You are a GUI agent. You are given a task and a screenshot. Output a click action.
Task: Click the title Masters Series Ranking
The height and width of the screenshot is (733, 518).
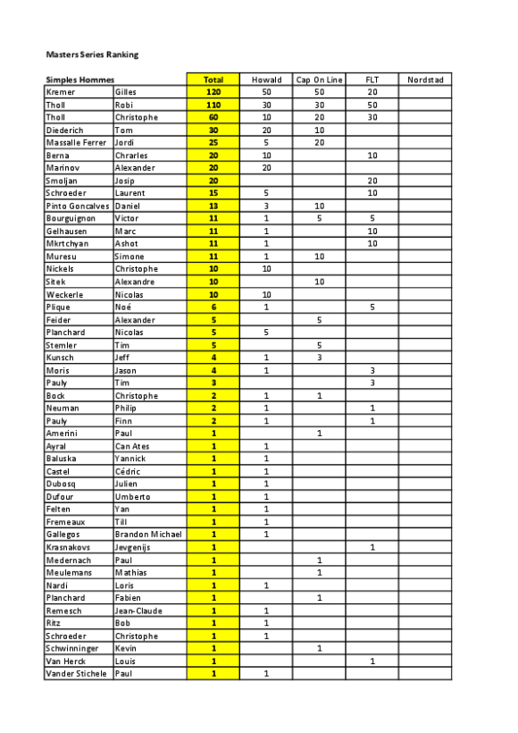point(91,55)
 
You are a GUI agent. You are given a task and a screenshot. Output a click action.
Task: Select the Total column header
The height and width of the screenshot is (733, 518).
point(213,80)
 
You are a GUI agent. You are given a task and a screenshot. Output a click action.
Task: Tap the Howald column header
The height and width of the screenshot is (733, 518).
point(266,80)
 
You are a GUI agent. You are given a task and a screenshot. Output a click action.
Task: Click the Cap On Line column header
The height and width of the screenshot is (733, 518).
point(319,80)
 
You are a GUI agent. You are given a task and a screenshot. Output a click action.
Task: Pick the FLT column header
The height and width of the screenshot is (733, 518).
point(372,80)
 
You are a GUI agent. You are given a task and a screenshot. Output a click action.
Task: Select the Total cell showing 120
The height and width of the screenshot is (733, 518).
point(213,92)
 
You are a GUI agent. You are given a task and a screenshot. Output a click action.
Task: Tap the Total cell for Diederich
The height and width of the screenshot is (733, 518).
point(213,130)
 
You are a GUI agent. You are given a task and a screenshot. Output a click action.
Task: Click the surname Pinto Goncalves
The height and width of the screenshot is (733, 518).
point(78,206)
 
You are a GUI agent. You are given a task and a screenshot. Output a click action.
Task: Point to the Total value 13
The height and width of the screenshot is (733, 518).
point(213,206)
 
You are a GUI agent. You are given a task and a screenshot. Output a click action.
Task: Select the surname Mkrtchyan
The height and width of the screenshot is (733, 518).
point(65,243)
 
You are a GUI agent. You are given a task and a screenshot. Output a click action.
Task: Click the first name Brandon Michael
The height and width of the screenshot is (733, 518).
point(147,534)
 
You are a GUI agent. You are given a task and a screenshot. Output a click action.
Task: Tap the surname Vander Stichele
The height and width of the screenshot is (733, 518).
point(78,673)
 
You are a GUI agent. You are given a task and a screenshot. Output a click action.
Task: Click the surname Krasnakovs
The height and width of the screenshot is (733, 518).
point(69,546)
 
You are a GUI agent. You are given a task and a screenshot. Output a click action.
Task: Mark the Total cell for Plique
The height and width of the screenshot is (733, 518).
point(213,307)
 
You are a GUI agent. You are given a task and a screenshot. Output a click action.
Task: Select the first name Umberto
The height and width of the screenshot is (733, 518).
point(132,496)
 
